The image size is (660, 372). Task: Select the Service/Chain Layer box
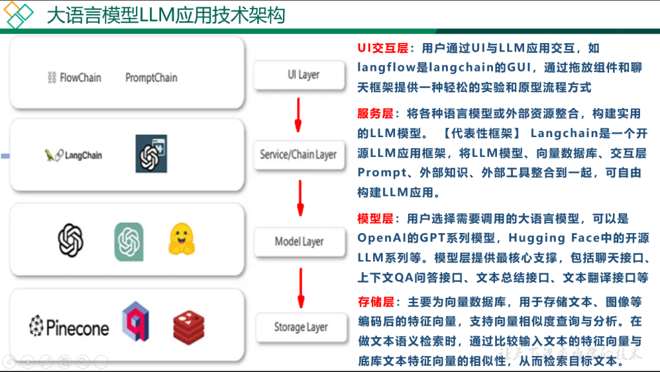[298, 154]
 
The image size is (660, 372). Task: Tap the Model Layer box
[299, 241]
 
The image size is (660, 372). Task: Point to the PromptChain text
[151, 78]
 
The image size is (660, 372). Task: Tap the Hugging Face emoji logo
[182, 239]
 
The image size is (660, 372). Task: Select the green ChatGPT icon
[129, 241]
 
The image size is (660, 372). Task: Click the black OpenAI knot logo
[71, 240]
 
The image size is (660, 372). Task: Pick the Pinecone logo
[69, 327]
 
